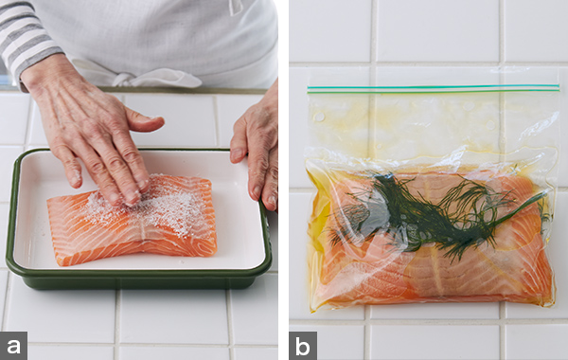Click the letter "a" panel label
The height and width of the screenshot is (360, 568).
(13, 346)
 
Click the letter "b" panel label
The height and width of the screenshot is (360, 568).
(303, 346)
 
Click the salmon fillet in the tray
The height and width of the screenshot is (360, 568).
(133, 221)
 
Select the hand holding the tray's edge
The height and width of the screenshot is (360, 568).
(256, 153)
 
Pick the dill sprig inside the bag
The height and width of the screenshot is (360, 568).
(435, 214)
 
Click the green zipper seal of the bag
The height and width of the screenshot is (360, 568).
(434, 89)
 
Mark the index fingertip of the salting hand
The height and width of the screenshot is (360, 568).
(142, 184)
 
